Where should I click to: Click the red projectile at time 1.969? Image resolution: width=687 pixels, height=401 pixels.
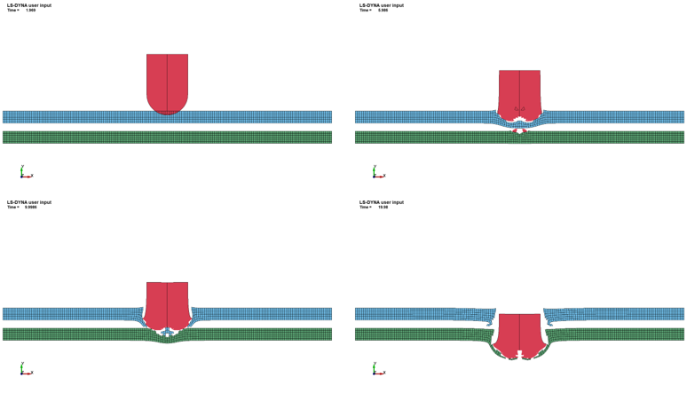(x=167, y=80)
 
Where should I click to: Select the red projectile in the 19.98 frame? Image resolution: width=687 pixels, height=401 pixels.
(x=519, y=334)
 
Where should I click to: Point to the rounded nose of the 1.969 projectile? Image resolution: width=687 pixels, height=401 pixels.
(x=167, y=107)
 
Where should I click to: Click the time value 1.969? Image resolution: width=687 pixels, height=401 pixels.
(x=30, y=11)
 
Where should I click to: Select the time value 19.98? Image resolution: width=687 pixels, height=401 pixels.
(x=383, y=207)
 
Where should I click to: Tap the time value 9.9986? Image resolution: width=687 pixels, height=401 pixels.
(x=30, y=207)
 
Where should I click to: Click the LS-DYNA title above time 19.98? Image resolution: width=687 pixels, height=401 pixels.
(x=382, y=202)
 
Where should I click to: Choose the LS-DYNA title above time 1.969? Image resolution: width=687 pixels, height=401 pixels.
(x=29, y=5)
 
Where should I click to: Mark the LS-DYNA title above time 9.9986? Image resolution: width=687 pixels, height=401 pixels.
(x=29, y=202)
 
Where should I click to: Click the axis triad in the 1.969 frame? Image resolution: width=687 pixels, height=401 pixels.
(x=25, y=172)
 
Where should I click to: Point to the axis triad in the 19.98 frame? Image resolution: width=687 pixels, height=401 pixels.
(x=377, y=369)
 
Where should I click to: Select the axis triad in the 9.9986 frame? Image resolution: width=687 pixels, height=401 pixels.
(x=25, y=369)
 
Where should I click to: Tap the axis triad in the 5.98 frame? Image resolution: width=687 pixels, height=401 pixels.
(x=377, y=172)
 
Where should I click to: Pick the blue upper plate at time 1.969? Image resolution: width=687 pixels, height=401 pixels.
(x=89, y=117)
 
